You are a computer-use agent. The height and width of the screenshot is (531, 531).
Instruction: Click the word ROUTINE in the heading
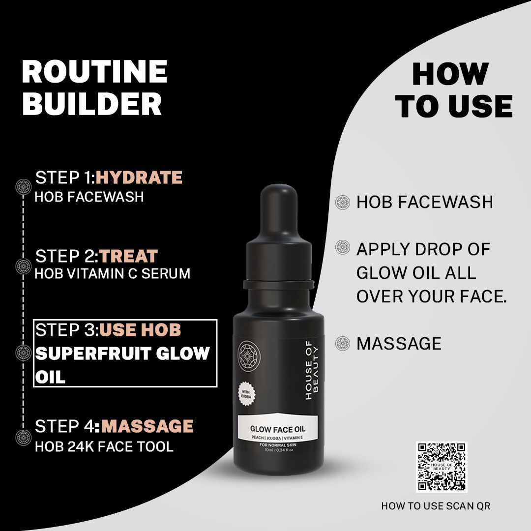coord(94,72)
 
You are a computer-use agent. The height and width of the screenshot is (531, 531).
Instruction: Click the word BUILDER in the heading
coord(92,104)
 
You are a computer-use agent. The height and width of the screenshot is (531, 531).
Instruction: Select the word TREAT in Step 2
coord(129,256)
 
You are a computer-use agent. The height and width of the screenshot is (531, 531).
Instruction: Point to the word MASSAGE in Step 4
coord(147,426)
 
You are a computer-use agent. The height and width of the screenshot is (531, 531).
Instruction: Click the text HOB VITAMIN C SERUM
coord(112,274)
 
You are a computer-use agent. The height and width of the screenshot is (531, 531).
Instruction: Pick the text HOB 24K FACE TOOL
coord(104,446)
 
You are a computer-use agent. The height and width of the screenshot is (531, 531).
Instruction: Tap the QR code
coord(442,467)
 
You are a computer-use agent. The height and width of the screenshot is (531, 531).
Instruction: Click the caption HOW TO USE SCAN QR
coord(436,505)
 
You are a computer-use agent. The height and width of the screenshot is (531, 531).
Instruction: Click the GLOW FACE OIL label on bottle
coord(278,421)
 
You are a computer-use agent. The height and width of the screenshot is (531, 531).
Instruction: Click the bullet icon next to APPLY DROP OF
coord(342,247)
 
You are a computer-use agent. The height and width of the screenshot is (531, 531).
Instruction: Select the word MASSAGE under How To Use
coord(399,344)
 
